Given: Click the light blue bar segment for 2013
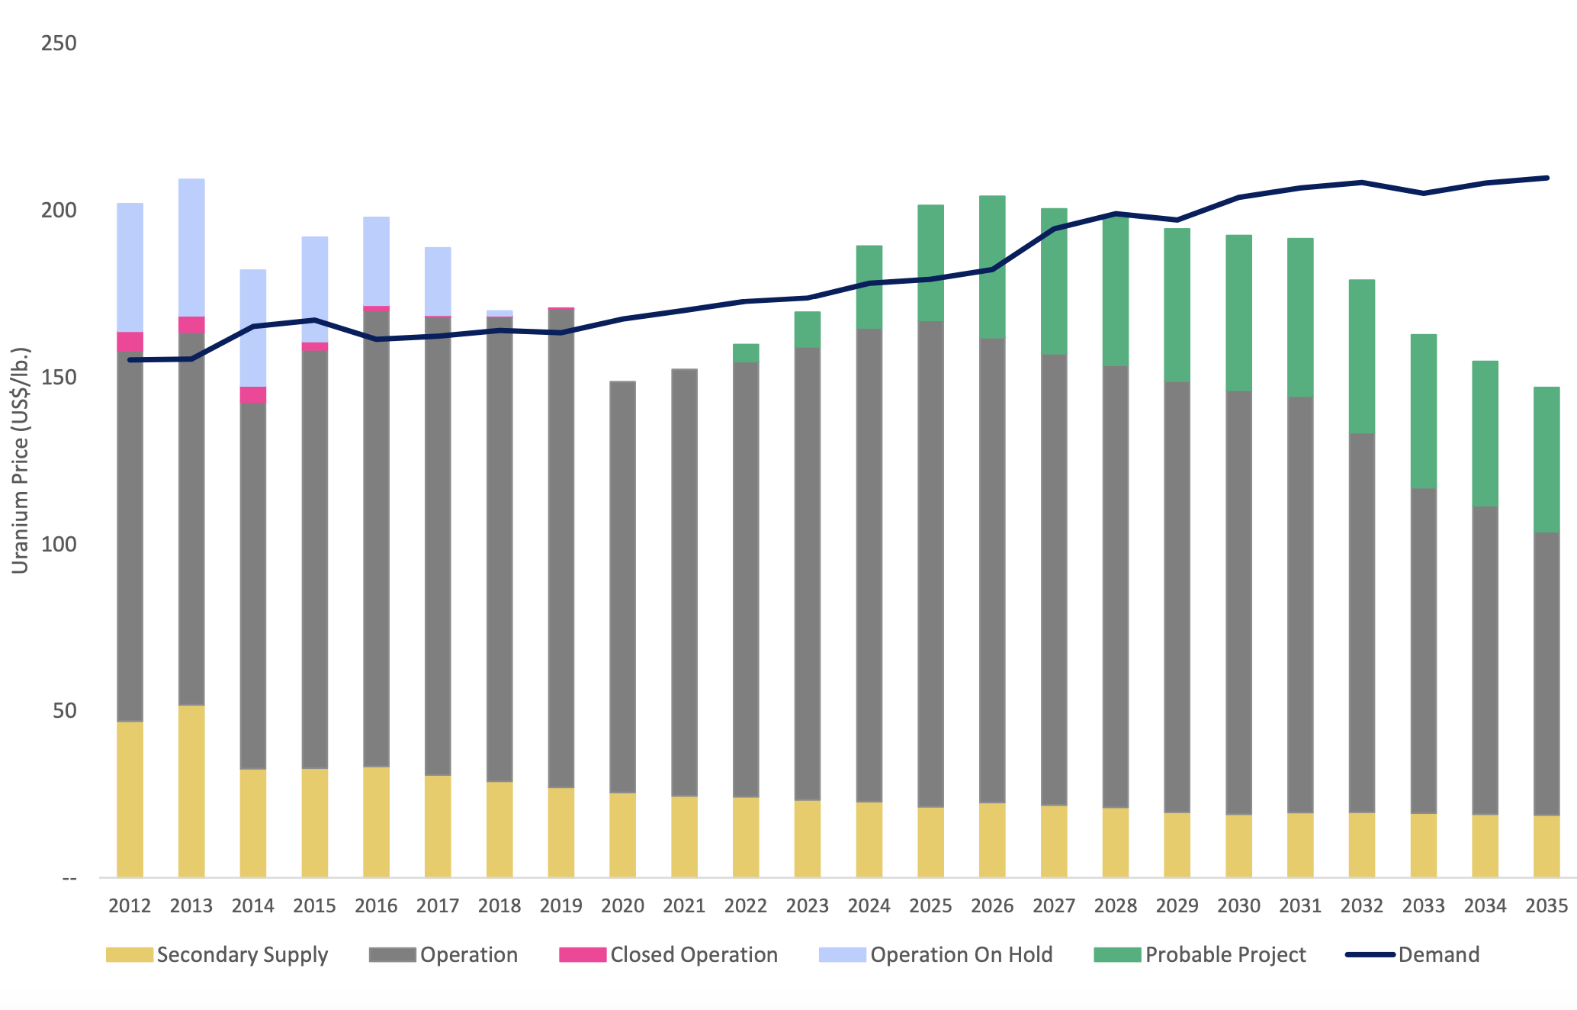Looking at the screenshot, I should point(191,247).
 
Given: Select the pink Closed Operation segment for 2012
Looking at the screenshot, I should point(130,342).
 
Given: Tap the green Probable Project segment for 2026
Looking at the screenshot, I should point(992,266).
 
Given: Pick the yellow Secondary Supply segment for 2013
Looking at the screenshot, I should point(191,791).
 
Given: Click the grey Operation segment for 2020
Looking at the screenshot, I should point(622,587).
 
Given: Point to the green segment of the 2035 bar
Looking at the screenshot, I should point(1546,459).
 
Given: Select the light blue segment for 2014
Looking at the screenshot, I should point(253,327).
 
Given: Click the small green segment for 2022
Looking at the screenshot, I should point(746,352).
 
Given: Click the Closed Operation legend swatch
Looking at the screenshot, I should point(583,955).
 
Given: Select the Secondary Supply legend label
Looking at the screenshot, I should point(242,955).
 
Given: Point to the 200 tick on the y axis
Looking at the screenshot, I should point(59,210).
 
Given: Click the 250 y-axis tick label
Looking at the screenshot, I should point(59,43).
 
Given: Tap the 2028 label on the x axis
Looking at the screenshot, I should point(1115,905).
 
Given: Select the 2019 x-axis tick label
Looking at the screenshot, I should point(560,905).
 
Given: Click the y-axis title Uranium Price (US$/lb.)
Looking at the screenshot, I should point(21,460).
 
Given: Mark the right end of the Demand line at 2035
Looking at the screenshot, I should point(1546,178).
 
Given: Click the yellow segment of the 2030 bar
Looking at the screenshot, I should point(1238,846).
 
